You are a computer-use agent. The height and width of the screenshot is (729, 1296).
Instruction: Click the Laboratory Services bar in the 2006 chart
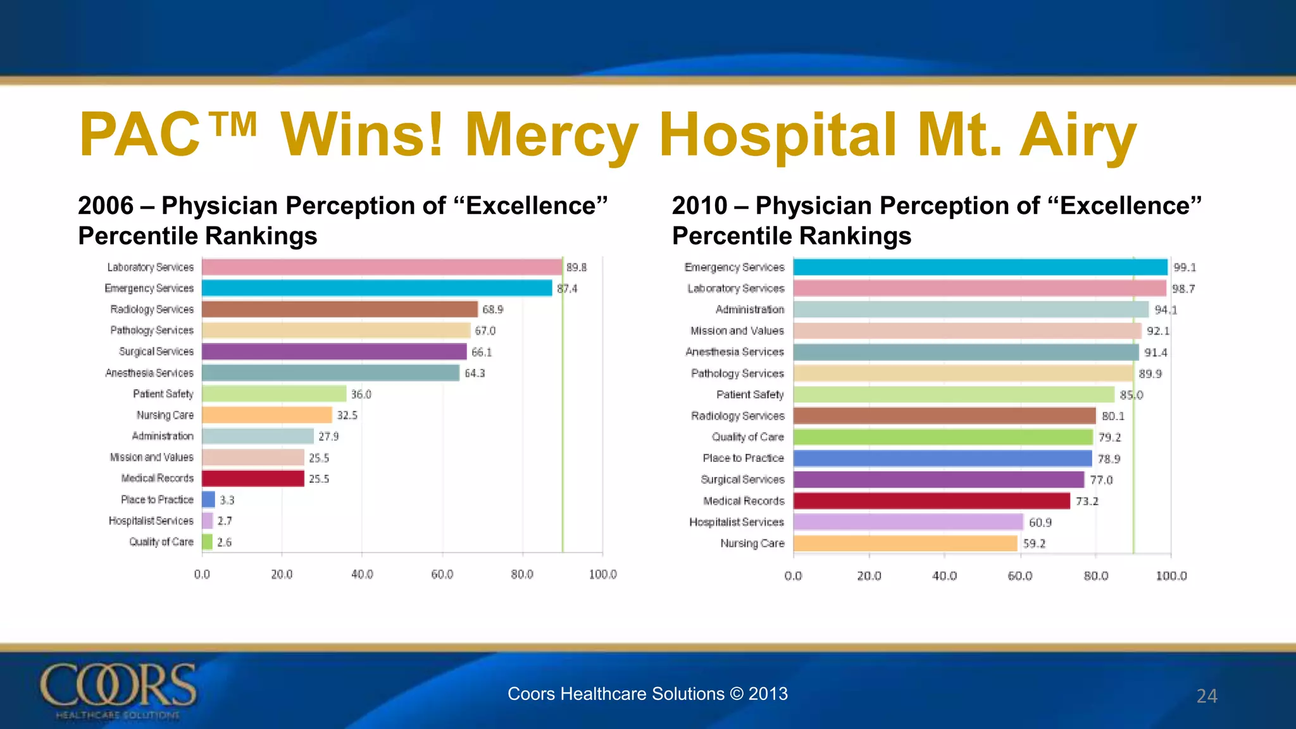[382, 267]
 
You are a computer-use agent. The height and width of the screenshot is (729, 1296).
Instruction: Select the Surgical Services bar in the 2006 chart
[334, 352]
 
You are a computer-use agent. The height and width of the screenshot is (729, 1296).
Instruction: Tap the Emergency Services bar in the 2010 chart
[980, 267]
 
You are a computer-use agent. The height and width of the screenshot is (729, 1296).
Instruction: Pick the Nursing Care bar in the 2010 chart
[905, 544]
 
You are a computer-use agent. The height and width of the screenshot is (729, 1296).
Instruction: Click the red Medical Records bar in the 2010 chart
[931, 501]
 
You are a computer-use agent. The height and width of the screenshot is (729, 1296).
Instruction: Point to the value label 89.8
[576, 268]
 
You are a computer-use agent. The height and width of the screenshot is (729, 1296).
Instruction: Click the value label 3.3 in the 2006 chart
[227, 501]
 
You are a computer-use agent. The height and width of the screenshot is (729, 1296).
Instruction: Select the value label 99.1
[1184, 268]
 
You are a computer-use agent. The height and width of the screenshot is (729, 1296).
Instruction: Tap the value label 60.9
[1040, 523]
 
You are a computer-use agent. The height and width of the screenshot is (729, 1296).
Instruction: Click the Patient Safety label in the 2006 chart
[163, 394]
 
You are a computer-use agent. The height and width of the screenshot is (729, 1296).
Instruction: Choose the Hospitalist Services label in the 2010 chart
[736, 522]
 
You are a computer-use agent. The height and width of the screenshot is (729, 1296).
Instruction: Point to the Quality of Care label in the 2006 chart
[161, 542]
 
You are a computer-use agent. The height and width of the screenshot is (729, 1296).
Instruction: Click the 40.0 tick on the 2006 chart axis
[362, 575]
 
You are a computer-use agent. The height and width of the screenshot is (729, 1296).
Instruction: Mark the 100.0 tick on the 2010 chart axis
[1171, 576]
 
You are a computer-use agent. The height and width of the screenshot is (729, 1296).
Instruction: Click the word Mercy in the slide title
[551, 135]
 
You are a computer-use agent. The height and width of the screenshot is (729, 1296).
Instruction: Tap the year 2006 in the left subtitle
[106, 206]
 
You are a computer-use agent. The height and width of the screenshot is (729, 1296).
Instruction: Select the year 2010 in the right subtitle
[699, 206]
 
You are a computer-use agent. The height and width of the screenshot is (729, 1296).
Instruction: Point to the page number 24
[1206, 696]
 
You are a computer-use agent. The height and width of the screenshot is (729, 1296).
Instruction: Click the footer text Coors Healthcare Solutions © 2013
[647, 694]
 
